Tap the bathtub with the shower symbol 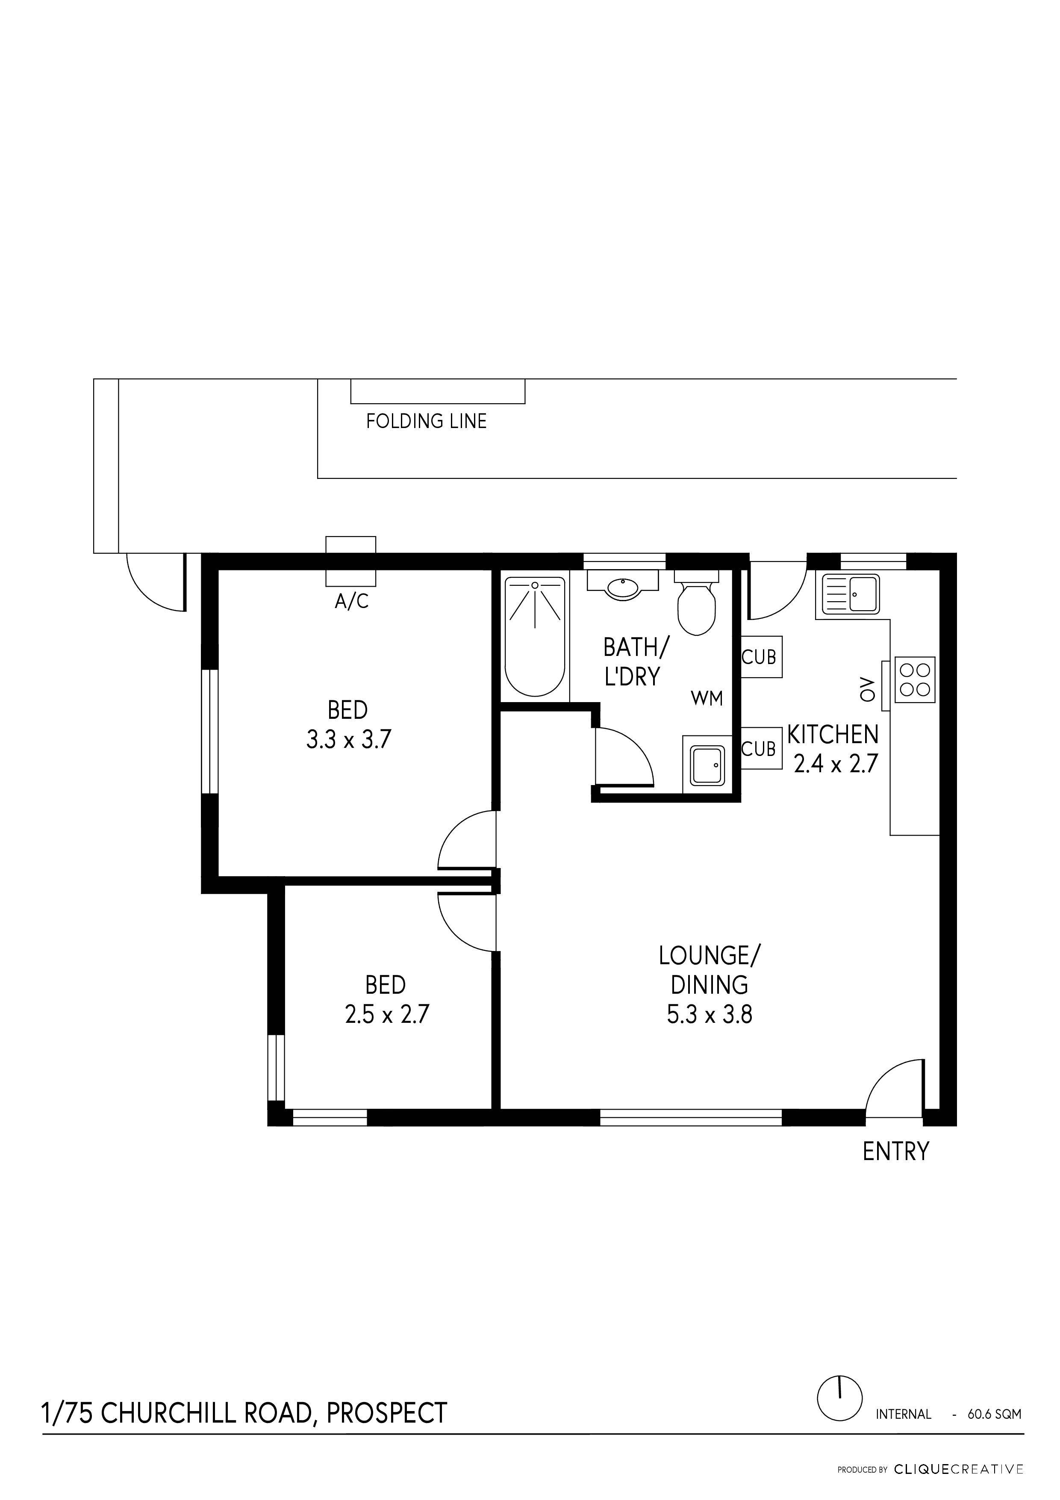pyautogui.click(x=535, y=636)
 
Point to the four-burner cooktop pyautogui.click(x=914, y=679)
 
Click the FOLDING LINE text pyautogui.click(x=426, y=421)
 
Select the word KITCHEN pyautogui.click(x=832, y=735)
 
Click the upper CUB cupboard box pyautogui.click(x=760, y=657)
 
